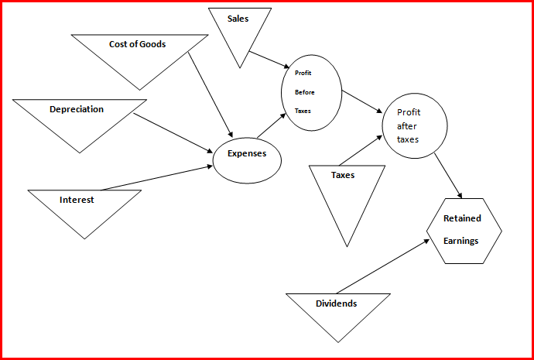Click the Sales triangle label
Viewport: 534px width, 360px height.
click(x=238, y=19)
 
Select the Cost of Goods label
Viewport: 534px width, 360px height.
click(x=138, y=44)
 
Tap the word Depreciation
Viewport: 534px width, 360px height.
click(x=77, y=109)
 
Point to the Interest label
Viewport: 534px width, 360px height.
click(x=77, y=200)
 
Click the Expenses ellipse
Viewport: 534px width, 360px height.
click(x=247, y=160)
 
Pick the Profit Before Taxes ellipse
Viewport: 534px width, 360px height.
click(x=311, y=91)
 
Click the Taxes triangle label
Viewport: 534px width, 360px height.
click(x=343, y=175)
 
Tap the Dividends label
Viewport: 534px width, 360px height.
click(x=337, y=303)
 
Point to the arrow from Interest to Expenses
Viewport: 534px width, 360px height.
click(x=155, y=178)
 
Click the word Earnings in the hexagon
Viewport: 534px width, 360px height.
click(x=461, y=241)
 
